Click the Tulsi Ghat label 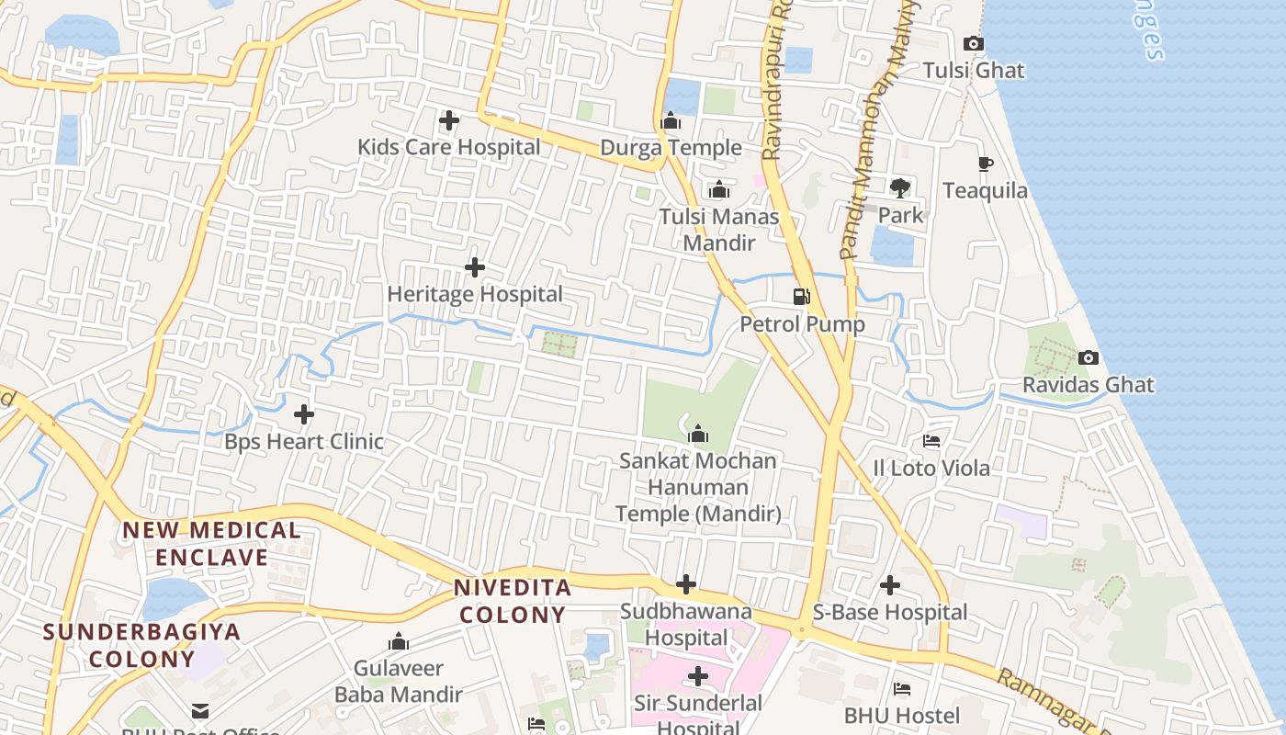(x=973, y=71)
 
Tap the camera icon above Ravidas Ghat (x=1089, y=357)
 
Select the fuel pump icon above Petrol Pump (x=802, y=297)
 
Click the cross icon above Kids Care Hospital (x=448, y=120)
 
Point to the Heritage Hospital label (x=475, y=295)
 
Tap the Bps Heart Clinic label (x=304, y=442)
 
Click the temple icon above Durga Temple (x=671, y=121)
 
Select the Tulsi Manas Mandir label (x=719, y=231)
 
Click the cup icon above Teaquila (x=986, y=164)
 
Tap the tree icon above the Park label (x=900, y=188)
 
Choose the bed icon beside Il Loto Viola (x=931, y=441)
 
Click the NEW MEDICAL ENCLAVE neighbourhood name (x=211, y=544)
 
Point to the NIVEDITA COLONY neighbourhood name (x=513, y=601)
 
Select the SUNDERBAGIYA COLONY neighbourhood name (x=141, y=645)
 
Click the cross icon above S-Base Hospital (x=889, y=585)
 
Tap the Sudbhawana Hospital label (x=686, y=625)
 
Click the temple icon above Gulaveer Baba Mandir (x=399, y=641)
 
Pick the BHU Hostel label (x=902, y=716)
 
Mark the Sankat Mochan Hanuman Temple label (x=698, y=488)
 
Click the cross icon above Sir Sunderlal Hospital (x=698, y=677)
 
